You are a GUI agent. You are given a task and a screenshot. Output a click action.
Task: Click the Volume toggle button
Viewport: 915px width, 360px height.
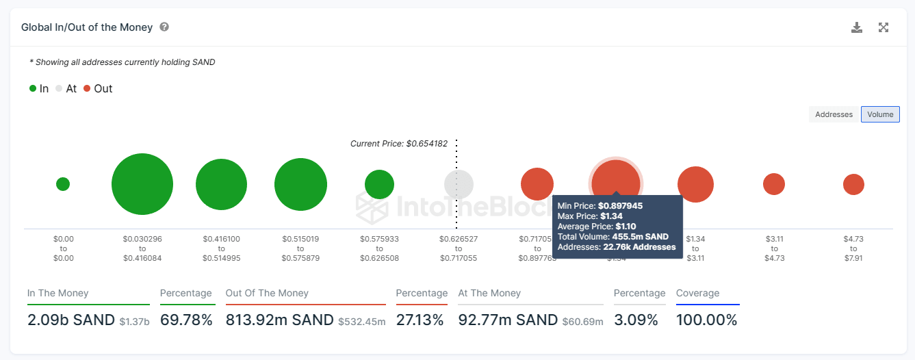point(880,114)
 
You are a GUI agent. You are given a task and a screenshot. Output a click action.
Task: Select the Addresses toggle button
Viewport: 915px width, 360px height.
point(834,114)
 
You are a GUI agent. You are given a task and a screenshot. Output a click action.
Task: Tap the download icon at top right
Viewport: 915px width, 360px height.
point(857,27)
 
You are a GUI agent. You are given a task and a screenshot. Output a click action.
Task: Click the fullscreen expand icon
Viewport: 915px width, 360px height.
point(884,27)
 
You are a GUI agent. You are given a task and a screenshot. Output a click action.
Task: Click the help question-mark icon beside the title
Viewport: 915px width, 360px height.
point(164,27)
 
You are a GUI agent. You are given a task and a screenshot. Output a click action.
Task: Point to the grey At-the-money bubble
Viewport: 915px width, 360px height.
point(459,184)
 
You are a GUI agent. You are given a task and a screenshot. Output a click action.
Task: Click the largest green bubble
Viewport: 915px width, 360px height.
point(142,184)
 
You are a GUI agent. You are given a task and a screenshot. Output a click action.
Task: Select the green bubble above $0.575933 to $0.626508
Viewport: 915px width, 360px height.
point(379,184)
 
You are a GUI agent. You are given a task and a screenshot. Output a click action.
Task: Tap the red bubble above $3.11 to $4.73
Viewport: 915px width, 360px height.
point(774,184)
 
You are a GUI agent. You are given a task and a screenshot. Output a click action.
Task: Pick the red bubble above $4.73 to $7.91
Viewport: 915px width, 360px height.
point(853,184)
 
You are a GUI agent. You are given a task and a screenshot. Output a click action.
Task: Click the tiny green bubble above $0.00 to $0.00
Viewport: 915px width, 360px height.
point(63,184)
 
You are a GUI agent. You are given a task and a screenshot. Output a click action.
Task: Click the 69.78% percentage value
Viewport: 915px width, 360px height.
point(186,320)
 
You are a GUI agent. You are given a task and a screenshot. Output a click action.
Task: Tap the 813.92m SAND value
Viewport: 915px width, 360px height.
point(279,320)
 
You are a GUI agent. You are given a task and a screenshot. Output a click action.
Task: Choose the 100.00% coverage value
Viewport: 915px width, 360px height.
point(706,320)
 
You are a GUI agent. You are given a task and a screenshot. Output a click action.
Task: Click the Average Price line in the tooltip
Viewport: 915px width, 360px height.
point(596,226)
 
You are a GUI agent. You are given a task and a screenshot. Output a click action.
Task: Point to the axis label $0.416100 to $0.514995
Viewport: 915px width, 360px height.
point(221,248)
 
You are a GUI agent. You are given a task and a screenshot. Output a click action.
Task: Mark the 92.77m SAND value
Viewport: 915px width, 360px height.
point(508,320)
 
